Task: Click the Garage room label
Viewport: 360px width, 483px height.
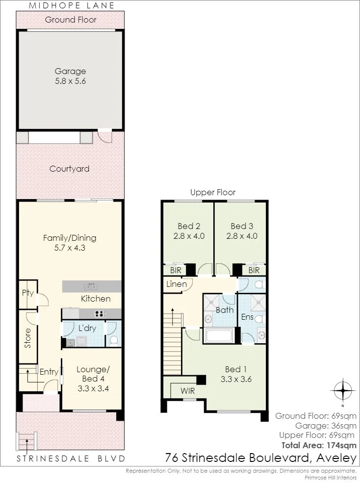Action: point(70,71)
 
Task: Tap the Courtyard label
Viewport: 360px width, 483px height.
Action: point(69,169)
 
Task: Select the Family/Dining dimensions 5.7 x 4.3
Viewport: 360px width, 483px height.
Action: point(70,248)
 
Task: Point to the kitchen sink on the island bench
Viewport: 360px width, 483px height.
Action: point(91,287)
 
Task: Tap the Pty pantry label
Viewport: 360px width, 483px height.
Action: point(28,293)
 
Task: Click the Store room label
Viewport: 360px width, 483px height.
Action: point(28,338)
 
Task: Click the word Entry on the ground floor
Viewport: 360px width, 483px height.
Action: point(49,372)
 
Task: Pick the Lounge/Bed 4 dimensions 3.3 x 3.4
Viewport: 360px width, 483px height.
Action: point(93,388)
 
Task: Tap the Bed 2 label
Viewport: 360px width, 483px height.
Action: point(189,226)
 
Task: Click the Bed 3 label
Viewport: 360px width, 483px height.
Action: point(242,226)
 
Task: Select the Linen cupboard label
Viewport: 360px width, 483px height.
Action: point(177,284)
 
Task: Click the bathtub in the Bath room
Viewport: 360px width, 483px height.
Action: point(219,335)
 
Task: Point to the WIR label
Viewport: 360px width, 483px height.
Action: point(188,391)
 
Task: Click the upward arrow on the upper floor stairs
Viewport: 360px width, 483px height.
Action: point(173,317)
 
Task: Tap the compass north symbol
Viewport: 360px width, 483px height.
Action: point(343,390)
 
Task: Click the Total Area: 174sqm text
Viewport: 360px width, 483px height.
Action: point(319,445)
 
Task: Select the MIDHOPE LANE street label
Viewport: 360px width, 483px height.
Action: point(72,5)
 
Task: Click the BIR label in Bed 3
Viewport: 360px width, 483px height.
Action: point(254,271)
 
